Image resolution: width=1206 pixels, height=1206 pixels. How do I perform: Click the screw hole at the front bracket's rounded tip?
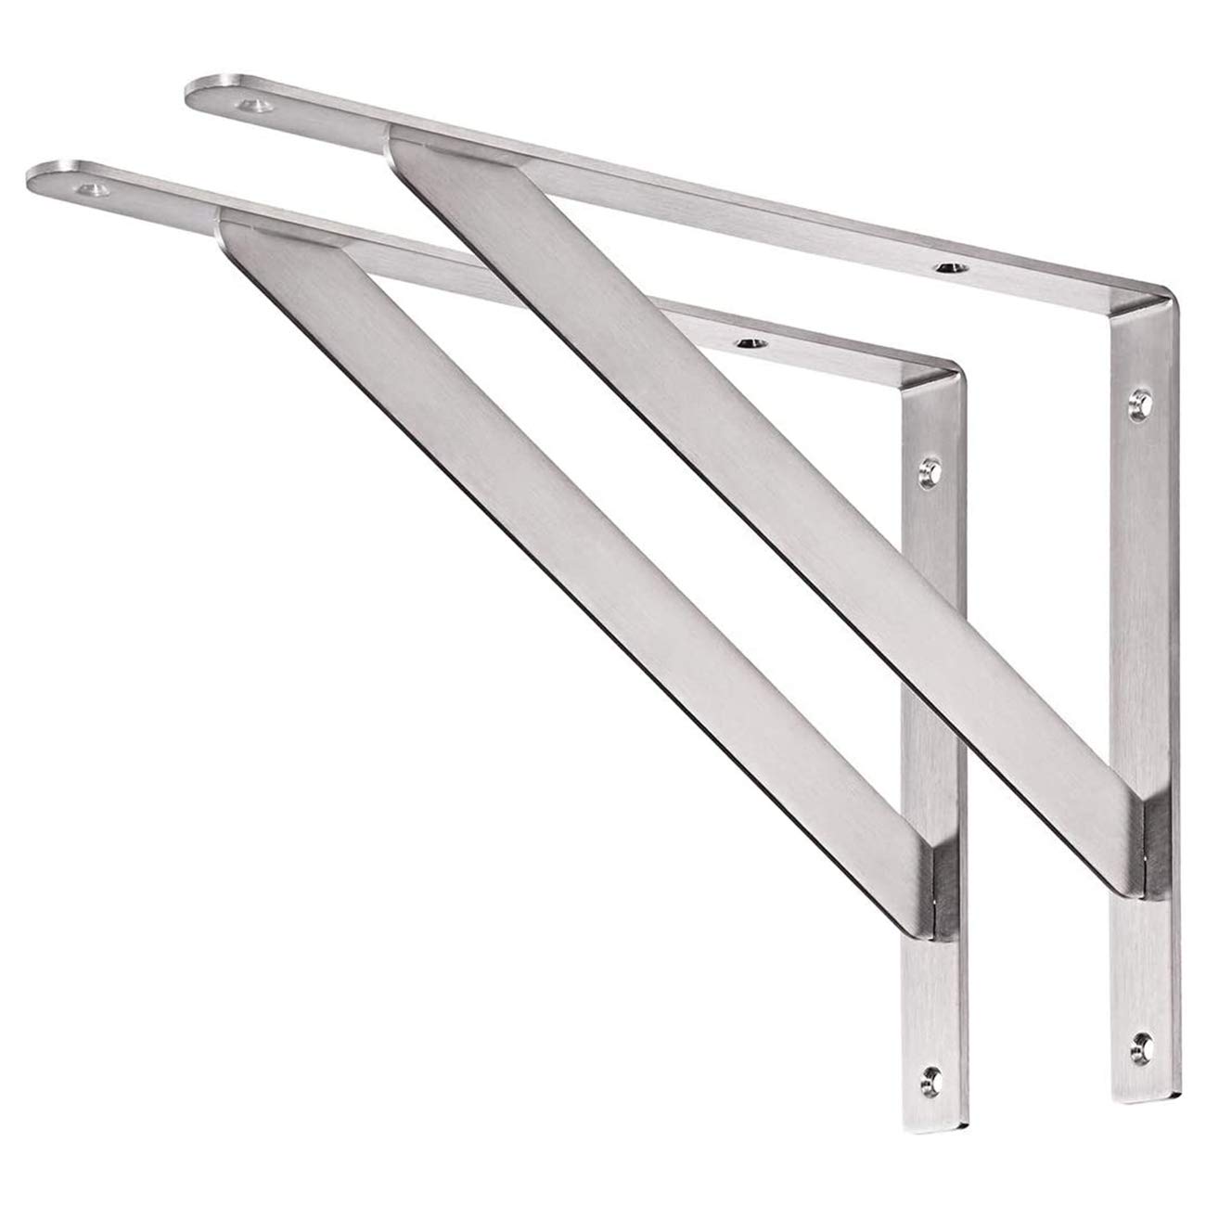95,190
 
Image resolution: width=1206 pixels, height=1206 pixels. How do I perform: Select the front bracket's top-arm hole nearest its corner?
747,343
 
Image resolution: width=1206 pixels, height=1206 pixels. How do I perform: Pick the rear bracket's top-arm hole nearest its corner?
947,268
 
